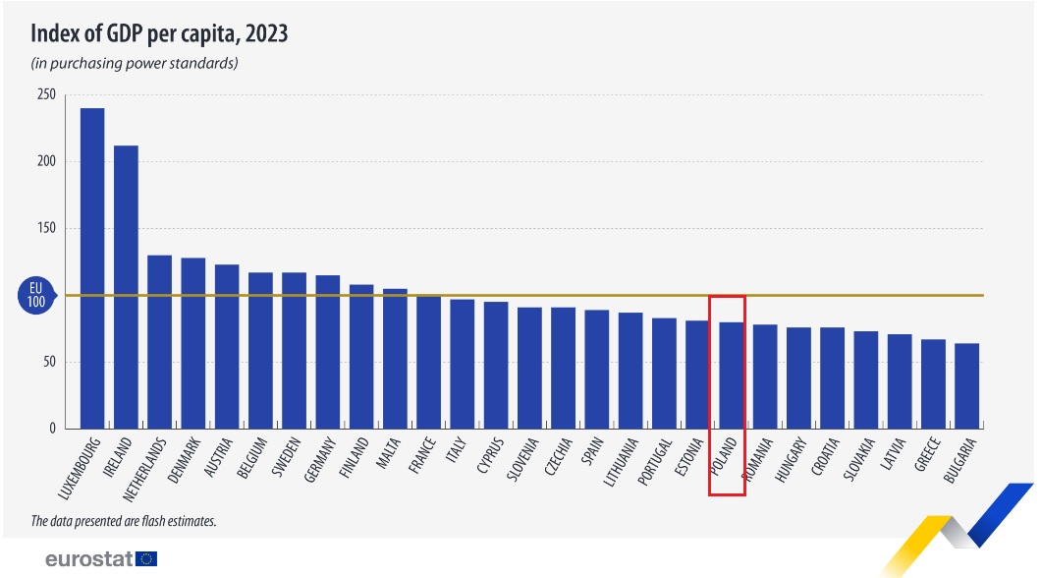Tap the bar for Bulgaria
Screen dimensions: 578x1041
point(966,386)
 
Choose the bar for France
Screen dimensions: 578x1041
point(428,362)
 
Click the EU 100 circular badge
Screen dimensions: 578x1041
point(36,295)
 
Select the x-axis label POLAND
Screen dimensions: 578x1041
point(726,462)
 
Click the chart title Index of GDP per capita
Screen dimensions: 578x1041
point(158,33)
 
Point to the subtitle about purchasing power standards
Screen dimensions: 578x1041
point(135,64)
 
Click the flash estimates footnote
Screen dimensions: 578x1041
point(123,521)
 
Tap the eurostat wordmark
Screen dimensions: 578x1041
point(89,558)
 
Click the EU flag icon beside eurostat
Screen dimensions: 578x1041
point(147,558)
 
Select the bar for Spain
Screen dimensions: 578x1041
point(596,370)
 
